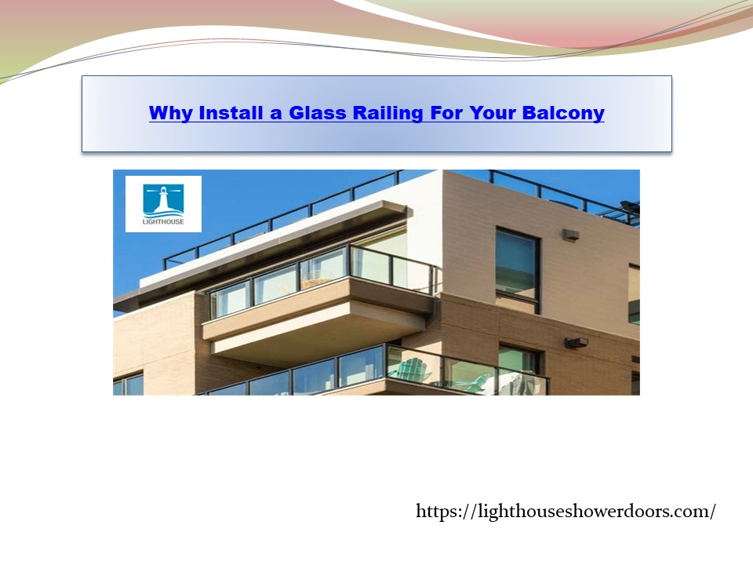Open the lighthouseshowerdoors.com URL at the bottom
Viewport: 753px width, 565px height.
coord(566,512)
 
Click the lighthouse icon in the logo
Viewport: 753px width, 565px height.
coord(163,199)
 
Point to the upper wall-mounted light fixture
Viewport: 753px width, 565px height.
coord(571,234)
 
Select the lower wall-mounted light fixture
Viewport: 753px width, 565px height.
coord(577,342)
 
